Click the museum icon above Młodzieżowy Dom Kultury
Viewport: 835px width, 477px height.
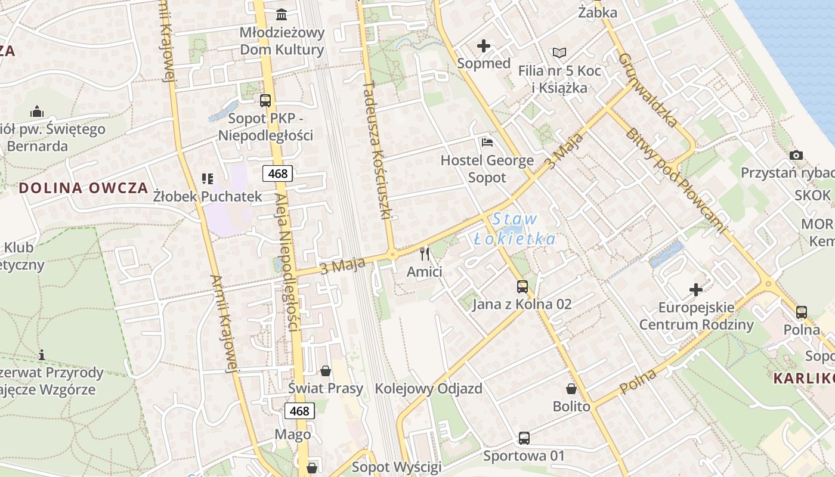click(281, 14)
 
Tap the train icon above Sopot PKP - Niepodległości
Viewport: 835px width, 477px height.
click(265, 101)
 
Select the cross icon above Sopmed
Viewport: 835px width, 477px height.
click(484, 46)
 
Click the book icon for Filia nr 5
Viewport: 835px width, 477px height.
click(559, 53)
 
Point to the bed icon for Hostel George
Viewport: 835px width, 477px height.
click(487, 143)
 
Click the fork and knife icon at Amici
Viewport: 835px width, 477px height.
click(425, 254)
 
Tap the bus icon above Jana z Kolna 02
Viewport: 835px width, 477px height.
click(522, 287)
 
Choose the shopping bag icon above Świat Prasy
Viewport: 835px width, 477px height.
click(326, 371)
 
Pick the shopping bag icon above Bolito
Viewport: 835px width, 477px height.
click(571, 389)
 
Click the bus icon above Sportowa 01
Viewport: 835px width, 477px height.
click(524, 438)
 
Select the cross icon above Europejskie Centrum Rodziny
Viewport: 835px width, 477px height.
click(696, 290)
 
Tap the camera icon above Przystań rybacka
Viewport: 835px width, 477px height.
click(796, 156)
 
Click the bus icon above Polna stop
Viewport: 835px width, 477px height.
click(802, 312)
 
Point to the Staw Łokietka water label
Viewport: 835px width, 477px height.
click(515, 230)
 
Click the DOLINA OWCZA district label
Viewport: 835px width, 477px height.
click(83, 188)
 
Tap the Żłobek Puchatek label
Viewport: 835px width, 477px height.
click(208, 196)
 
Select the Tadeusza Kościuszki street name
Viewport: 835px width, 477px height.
click(376, 149)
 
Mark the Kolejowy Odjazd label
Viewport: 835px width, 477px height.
click(428, 389)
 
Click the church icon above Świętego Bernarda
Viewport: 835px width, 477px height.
click(37, 111)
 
